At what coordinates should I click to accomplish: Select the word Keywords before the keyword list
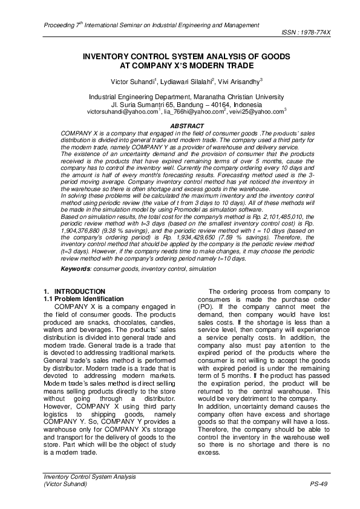tap(77, 267)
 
